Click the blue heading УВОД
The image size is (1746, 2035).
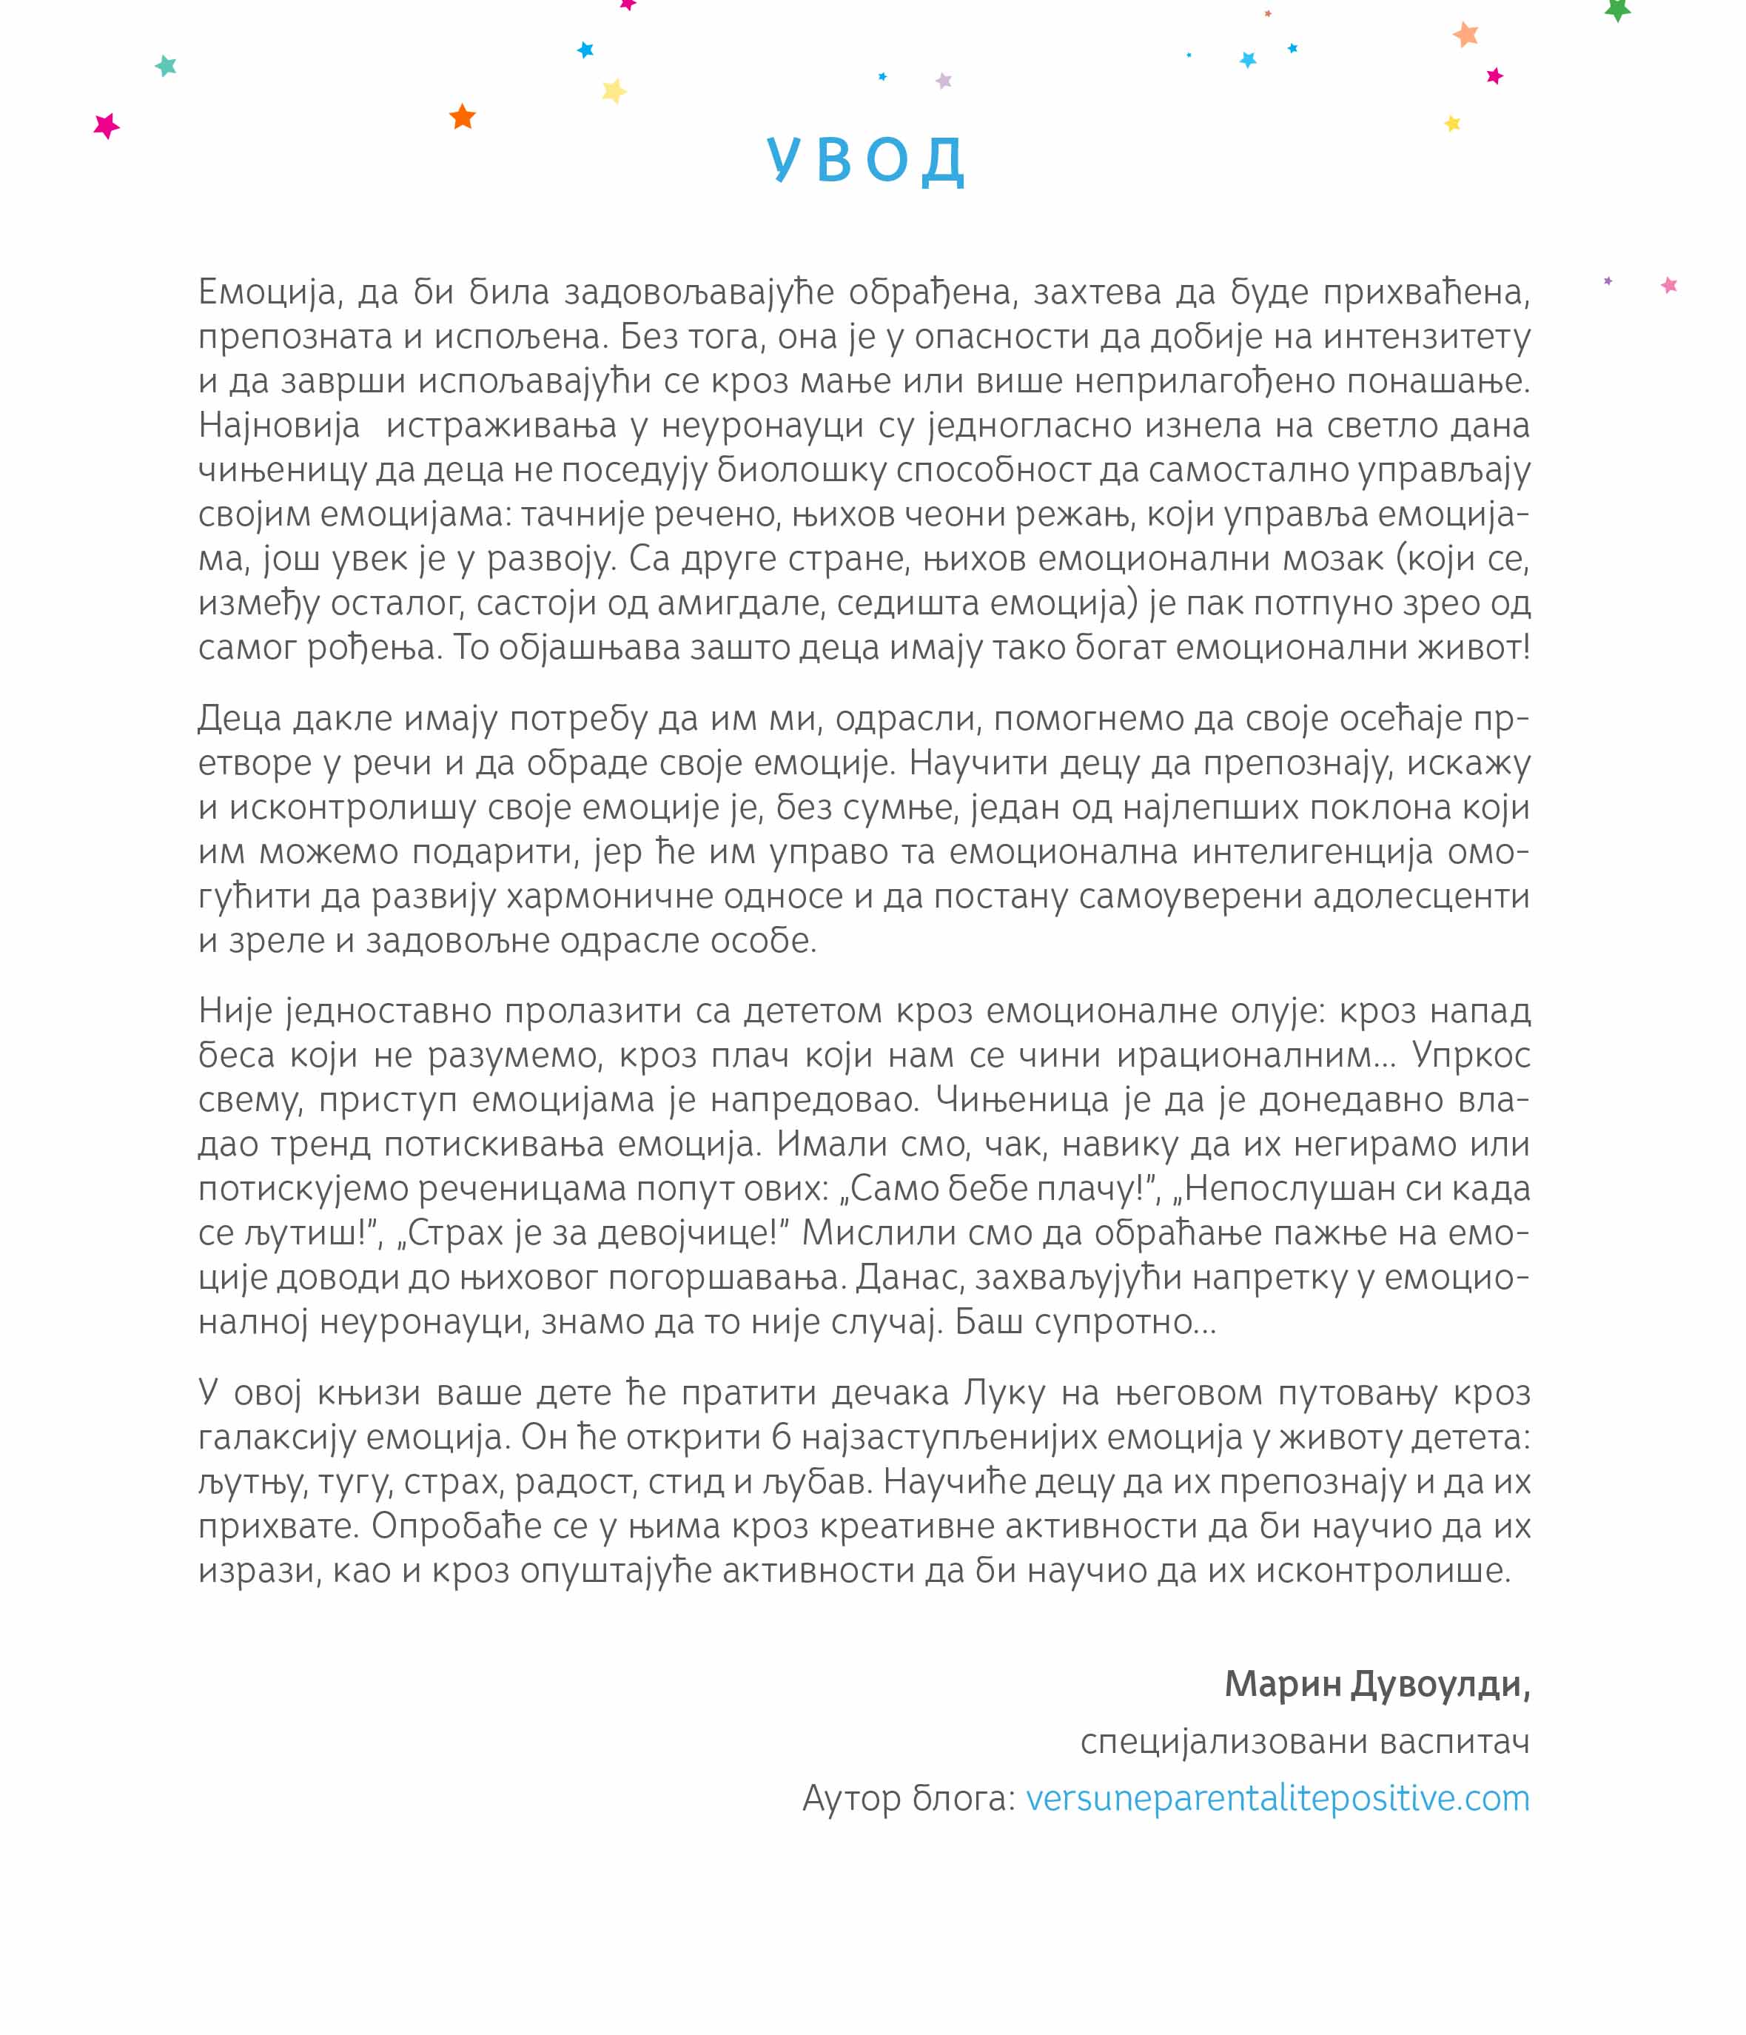pyautogui.click(x=866, y=159)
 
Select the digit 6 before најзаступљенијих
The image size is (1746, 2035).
pyautogui.click(x=781, y=1437)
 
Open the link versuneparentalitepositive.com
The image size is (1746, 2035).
pyautogui.click(x=1277, y=1797)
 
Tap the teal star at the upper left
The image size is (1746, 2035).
pyautogui.click(x=166, y=66)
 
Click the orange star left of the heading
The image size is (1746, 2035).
pyautogui.click(x=463, y=117)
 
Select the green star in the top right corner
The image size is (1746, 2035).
pyautogui.click(x=1617, y=10)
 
